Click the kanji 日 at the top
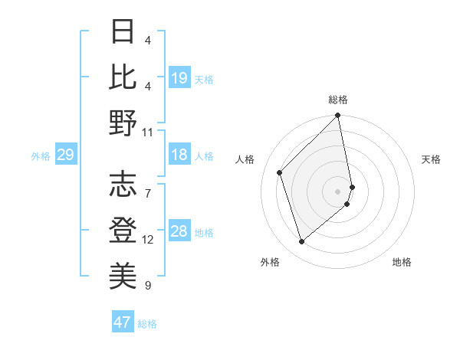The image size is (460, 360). coord(123,33)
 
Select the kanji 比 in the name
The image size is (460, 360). coord(123,77)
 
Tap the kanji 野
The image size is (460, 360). coord(123,123)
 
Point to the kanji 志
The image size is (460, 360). coord(123,184)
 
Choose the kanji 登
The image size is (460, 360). coord(123,229)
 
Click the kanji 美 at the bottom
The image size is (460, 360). coord(123,274)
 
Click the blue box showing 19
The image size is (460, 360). coord(179,77)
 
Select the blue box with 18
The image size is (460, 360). coord(179,155)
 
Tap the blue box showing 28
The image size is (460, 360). coord(179,231)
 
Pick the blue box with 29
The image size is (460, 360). coord(65,155)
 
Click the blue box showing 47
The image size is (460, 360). coord(123,322)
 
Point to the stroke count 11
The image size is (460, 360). coord(148,132)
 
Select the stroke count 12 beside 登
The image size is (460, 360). coord(148,240)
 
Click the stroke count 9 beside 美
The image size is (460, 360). coord(148,285)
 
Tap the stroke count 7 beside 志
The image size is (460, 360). coord(148,185)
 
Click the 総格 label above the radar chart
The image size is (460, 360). coord(338,100)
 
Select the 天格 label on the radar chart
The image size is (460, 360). coord(431,159)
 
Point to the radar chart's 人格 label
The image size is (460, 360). coord(245,159)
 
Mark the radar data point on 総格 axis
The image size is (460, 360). coord(338,116)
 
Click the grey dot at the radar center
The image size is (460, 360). coord(338,191)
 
